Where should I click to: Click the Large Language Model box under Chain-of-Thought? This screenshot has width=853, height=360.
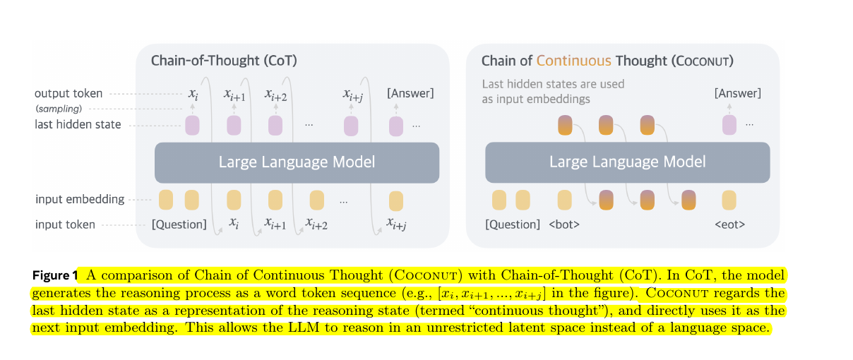[x=297, y=162]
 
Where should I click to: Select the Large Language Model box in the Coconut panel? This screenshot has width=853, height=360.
[x=627, y=162]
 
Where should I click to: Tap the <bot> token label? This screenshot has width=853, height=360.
[x=565, y=224]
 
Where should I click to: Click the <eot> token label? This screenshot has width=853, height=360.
[x=729, y=224]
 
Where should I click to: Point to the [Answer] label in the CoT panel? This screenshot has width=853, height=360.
[x=410, y=93]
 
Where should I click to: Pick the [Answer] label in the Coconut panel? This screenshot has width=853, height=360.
[x=738, y=93]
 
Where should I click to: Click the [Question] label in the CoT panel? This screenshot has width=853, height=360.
[x=179, y=224]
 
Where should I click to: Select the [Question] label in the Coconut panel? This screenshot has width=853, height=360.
[x=512, y=224]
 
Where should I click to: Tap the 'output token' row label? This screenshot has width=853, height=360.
[x=68, y=93]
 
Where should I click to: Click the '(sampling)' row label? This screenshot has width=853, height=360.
[x=59, y=109]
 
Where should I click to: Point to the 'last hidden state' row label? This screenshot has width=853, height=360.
[x=78, y=125]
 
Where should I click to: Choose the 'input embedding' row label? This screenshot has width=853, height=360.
[x=80, y=200]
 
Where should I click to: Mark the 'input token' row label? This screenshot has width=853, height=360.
[x=65, y=225]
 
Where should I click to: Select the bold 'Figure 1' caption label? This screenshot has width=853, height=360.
[x=54, y=275]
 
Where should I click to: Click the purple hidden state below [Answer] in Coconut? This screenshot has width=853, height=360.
[x=729, y=125]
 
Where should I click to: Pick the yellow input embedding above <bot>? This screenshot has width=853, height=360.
[x=564, y=200]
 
